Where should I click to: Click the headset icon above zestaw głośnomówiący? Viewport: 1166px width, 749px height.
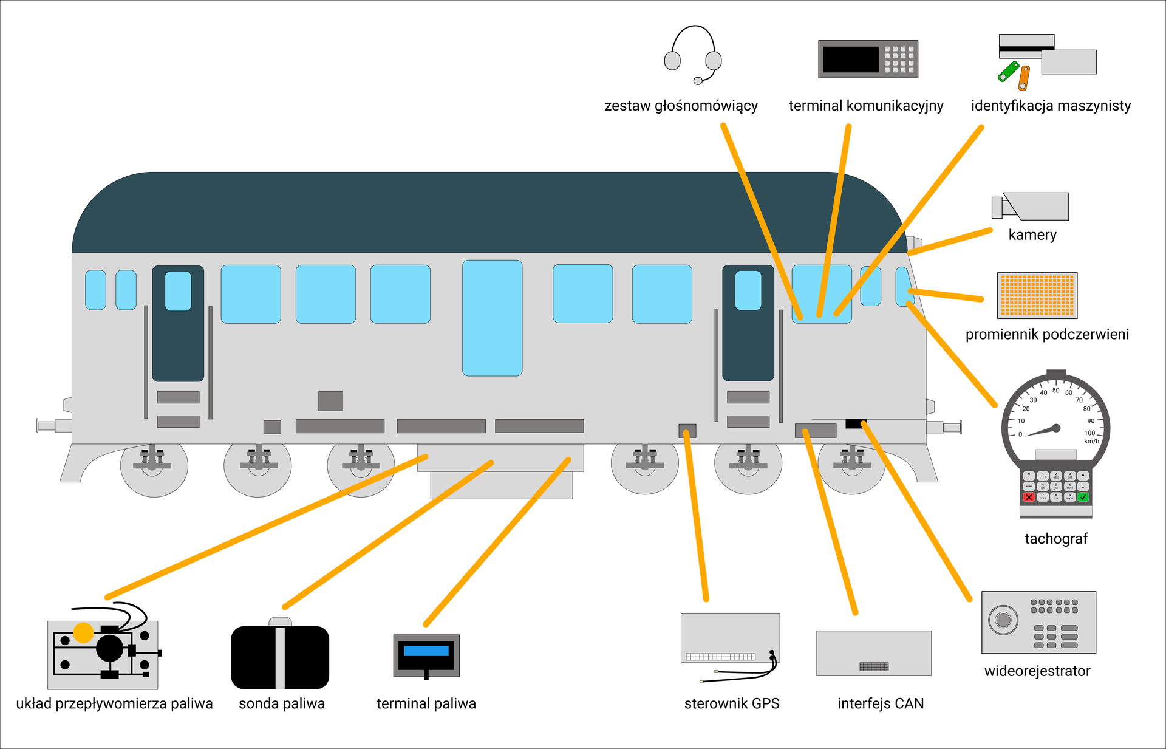(693, 55)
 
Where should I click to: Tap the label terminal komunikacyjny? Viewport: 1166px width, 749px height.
(865, 106)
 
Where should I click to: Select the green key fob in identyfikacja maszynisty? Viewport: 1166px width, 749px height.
(1009, 71)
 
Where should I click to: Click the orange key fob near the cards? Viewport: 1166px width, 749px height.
(1024, 78)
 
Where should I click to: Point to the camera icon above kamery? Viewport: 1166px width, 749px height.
(1032, 207)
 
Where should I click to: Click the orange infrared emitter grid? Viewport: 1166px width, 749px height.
(1037, 295)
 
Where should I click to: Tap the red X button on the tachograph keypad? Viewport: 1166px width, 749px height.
(1029, 497)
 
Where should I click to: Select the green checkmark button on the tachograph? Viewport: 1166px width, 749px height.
(1083, 497)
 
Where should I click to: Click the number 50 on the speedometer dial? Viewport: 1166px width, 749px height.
(1056, 391)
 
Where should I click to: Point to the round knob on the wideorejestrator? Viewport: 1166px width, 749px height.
(1003, 620)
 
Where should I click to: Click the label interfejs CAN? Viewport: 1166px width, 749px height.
(881, 703)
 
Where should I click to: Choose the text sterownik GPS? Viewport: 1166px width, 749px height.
(732, 703)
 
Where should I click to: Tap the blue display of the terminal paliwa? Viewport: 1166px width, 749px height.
(426, 651)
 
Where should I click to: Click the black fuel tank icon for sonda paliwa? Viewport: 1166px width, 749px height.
(280, 657)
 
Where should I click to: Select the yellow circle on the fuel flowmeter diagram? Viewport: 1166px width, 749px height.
(83, 632)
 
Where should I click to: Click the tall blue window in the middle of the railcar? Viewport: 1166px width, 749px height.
(492, 318)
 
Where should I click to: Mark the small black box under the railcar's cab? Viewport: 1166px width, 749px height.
(855, 423)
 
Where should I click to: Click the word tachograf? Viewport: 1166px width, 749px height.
(1056, 539)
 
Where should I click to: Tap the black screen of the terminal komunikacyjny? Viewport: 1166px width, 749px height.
(851, 60)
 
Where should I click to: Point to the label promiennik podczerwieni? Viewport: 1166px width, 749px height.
(1047, 334)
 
